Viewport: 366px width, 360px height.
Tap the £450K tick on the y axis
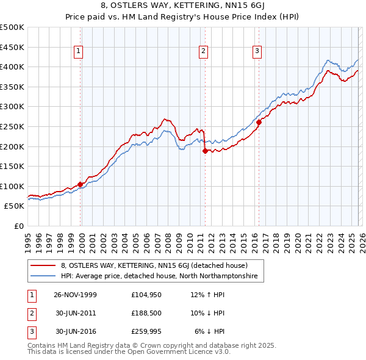pos(12,47)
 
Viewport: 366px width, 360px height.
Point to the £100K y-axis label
pos(12,186)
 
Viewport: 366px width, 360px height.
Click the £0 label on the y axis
pos(20,226)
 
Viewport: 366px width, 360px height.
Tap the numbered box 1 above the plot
pos(79,52)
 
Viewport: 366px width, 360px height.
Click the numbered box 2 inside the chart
pos(203,52)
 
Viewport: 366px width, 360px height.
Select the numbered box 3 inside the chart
pos(257,52)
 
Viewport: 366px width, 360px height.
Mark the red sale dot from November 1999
pos(81,184)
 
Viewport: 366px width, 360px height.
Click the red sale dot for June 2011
pos(205,151)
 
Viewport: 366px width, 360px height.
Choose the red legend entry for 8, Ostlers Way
pos(154,265)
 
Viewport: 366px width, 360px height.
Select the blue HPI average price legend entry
pos(159,276)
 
